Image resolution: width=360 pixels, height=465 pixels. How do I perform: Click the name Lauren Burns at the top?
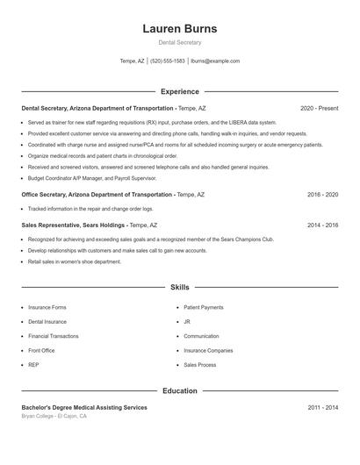(x=179, y=29)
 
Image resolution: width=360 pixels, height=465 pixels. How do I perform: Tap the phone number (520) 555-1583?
(x=167, y=61)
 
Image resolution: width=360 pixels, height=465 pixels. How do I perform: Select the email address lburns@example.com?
(x=215, y=61)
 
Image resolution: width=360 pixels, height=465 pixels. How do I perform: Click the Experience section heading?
(x=179, y=91)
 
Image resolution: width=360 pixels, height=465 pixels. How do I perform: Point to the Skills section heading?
(x=179, y=287)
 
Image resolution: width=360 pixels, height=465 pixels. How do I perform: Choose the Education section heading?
(x=179, y=390)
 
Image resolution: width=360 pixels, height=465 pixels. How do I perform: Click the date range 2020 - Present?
(x=319, y=108)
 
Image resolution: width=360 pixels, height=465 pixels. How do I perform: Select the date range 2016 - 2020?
(x=322, y=194)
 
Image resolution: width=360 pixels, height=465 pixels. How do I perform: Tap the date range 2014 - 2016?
(x=322, y=225)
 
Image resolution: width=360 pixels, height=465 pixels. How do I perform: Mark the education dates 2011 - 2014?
(x=322, y=407)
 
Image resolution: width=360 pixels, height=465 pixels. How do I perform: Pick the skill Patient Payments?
(x=204, y=308)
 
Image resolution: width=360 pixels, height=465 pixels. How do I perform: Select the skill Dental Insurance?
(x=47, y=322)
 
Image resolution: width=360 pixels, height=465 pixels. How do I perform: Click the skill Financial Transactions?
(x=54, y=336)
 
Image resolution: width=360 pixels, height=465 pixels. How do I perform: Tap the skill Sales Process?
(x=199, y=364)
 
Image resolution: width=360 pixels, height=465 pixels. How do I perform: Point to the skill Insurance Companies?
(x=208, y=350)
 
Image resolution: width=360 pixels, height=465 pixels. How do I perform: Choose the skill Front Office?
(x=41, y=350)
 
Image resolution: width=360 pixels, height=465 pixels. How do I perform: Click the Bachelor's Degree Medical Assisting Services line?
(x=84, y=407)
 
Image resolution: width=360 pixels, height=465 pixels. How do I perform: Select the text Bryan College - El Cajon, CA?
(x=54, y=416)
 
